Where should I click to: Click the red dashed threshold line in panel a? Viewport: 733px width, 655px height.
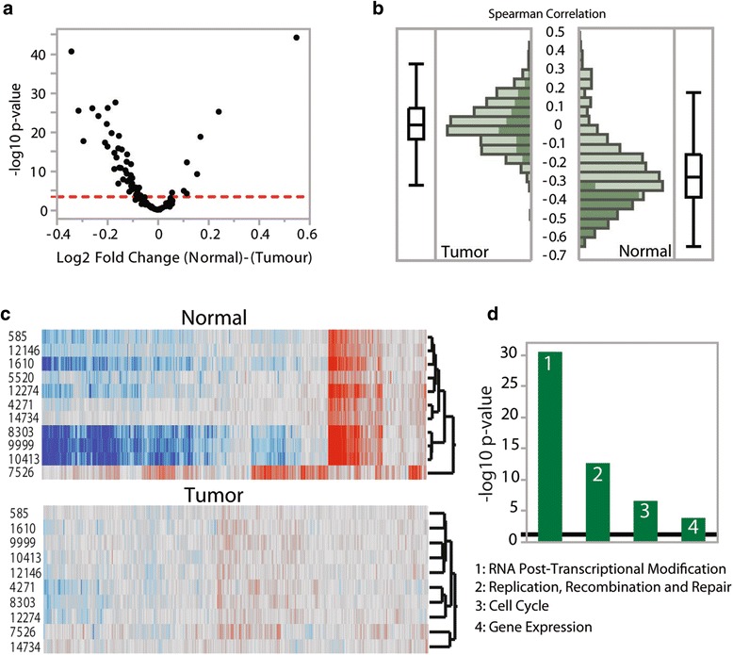(188, 196)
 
